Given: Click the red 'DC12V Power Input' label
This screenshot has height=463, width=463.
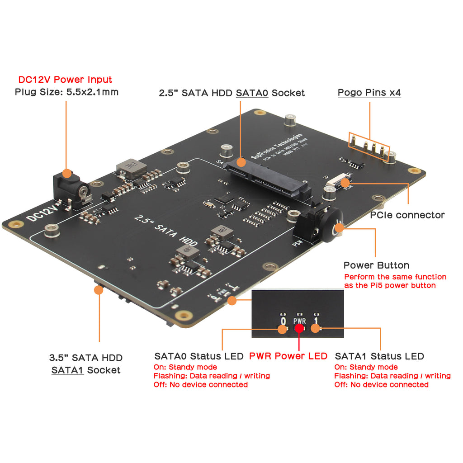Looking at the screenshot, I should [65, 80].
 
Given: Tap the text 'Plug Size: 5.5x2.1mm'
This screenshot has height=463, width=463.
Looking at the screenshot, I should [66, 92].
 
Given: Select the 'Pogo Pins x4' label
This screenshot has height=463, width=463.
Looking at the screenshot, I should [369, 93].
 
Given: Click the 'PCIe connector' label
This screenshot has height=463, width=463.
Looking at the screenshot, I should [407, 215].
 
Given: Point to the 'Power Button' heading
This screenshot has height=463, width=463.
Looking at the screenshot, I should [376, 265].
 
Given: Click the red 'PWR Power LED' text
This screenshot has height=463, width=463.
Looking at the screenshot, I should [288, 356].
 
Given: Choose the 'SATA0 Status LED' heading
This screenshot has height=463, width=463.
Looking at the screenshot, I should [199, 356].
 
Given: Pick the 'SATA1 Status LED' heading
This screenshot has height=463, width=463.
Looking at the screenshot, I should [379, 356].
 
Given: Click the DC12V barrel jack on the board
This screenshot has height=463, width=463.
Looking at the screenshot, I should [72, 192].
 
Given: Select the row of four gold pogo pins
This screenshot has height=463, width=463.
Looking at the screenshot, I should [369, 146].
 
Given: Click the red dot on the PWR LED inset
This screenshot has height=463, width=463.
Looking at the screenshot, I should [299, 329].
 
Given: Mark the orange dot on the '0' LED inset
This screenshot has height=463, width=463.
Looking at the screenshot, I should [282, 329].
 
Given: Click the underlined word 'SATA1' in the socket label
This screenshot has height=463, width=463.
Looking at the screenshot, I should [67, 370].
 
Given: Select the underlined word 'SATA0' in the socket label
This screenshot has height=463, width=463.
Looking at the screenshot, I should [252, 93].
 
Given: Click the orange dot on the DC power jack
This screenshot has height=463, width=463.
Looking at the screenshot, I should [66, 173].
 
